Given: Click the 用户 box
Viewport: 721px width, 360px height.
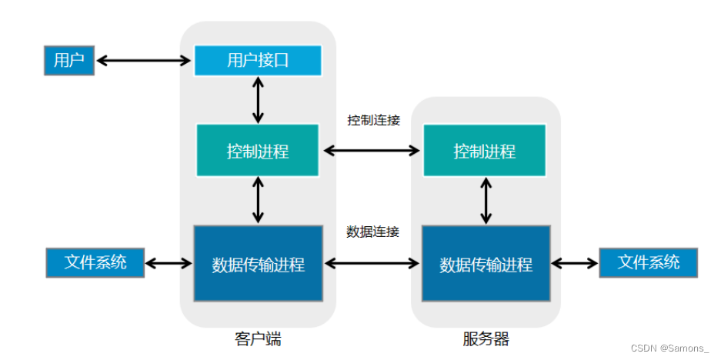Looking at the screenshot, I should pos(68,60).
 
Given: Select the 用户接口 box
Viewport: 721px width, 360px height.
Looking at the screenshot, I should pos(257,60).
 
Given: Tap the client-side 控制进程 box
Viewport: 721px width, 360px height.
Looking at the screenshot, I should pos(257,151).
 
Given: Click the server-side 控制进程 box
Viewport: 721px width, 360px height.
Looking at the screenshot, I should pos(484,151).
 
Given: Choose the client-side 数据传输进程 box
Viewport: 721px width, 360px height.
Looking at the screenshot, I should pos(257,264).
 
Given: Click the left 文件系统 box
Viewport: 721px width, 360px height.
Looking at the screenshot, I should pos(95,262).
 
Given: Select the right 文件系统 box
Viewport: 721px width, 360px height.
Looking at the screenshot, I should pos(648,262).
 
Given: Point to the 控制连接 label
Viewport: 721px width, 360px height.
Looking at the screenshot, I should pos(373,121).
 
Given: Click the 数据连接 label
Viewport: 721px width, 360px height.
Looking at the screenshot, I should pos(372,231).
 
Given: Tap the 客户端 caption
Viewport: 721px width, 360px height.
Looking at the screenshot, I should pos(258,339).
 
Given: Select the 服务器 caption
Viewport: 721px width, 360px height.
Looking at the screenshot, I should pos(486,339).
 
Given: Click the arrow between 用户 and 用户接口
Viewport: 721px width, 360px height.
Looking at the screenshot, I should pos(143,59).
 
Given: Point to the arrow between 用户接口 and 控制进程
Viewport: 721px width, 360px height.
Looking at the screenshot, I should pos(258,100).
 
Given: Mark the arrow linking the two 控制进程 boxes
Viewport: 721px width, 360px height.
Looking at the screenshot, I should pos(372,151).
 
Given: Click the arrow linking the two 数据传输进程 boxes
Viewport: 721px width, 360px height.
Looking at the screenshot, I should pos(372,264).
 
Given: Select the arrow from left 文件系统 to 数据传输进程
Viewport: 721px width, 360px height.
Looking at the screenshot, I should pos(169,264).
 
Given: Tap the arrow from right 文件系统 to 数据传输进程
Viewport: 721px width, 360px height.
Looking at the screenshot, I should pos(574,264).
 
